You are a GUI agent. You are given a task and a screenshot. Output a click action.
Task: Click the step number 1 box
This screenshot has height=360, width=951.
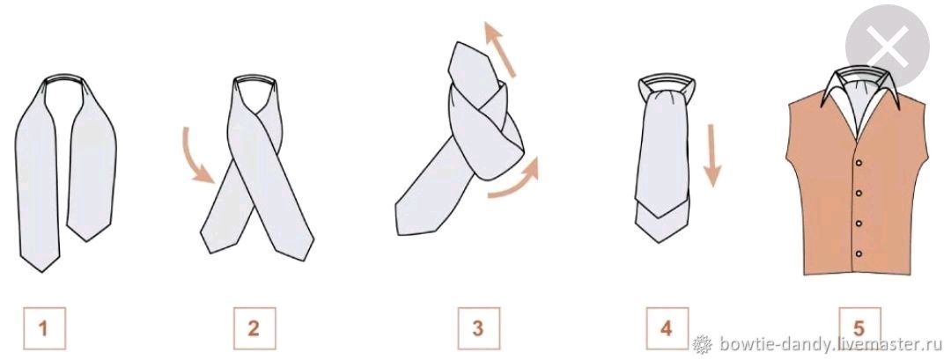(44, 328)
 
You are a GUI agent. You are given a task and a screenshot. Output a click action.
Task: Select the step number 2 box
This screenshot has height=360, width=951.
(254, 328)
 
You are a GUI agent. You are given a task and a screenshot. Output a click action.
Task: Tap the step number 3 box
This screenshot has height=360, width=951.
(478, 328)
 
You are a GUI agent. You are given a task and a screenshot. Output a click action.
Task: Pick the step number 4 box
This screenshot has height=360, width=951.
(667, 328)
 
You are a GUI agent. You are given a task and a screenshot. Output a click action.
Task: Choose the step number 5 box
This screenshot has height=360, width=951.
(859, 328)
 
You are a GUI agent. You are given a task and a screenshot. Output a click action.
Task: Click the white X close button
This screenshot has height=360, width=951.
(888, 46)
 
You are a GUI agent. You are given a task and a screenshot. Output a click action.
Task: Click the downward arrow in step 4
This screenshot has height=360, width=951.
(713, 155)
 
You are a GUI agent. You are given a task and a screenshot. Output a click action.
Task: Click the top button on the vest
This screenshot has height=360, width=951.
(858, 163)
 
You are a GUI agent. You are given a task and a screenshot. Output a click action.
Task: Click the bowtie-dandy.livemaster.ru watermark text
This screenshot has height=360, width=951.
(830, 344)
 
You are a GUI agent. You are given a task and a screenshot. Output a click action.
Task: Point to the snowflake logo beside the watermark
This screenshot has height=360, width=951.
(703, 343)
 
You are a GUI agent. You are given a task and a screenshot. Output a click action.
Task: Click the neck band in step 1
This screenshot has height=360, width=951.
(65, 79)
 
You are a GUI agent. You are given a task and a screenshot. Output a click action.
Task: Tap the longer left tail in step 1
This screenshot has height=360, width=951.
(38, 182)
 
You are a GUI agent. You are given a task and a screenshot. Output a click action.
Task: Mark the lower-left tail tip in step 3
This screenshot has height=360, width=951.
(400, 231)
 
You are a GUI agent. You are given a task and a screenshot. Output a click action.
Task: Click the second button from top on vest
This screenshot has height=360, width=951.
(859, 193)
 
